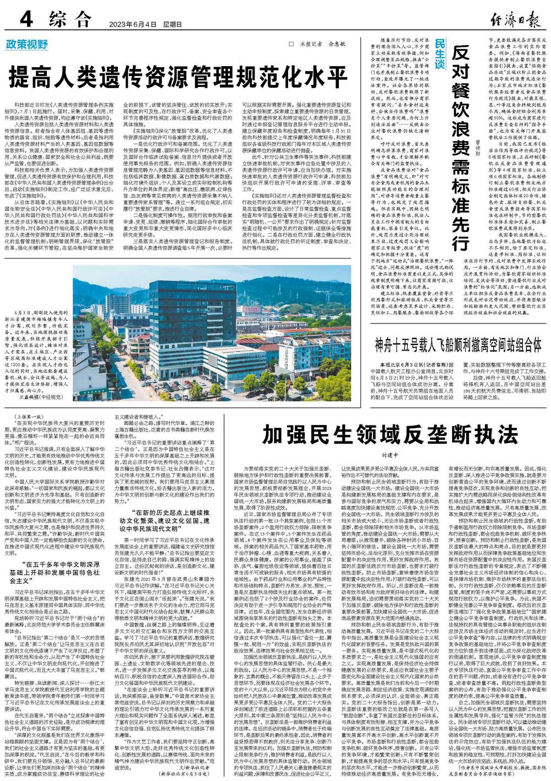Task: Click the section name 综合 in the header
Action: (x=69, y=19)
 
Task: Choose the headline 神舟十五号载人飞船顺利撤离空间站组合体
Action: (x=458, y=346)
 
